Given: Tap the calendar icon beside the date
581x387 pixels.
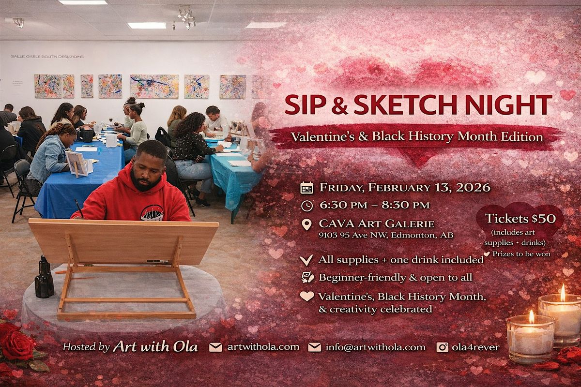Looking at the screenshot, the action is (x=307, y=188).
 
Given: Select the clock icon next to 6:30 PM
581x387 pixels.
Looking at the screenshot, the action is (x=307, y=206).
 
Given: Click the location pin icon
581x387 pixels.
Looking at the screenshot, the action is (x=307, y=224).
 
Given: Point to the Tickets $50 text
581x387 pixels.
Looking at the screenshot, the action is (x=520, y=218).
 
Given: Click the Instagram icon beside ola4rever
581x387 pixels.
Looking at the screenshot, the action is (x=442, y=347).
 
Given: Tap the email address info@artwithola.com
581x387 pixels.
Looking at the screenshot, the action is (x=376, y=347).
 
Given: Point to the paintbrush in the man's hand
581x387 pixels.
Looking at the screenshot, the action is (x=79, y=208).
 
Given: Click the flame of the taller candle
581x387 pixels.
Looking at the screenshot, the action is (x=563, y=292).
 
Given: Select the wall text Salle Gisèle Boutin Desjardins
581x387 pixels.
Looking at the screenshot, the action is (x=47, y=57).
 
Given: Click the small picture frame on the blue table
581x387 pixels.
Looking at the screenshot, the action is (x=77, y=164).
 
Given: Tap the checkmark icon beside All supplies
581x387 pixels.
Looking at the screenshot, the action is (x=306, y=260).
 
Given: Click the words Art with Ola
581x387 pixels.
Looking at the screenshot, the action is (x=155, y=346).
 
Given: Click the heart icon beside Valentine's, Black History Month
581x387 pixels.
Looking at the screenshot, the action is (x=307, y=296).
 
